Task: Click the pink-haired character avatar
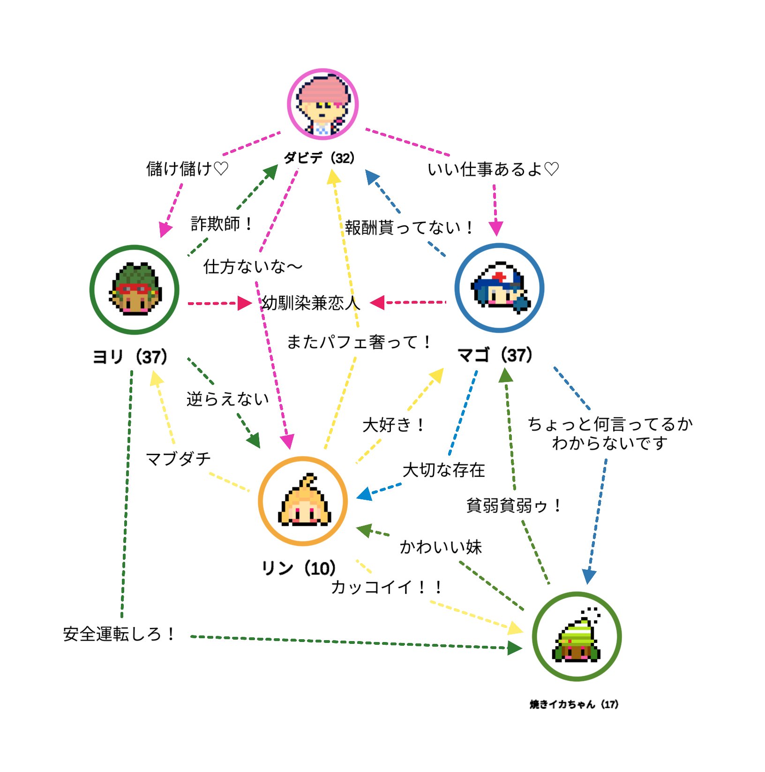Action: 322,105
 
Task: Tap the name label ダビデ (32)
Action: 319,158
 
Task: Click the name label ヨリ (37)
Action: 130,357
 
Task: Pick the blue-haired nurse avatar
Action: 499,288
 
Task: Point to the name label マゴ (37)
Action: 495,355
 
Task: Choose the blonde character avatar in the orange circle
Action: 303,501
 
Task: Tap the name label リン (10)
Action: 299,568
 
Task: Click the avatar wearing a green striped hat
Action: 577,636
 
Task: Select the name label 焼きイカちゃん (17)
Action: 574,704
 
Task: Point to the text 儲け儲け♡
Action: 187,168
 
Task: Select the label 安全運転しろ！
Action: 120,634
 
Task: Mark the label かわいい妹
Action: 441,547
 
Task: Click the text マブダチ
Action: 179,459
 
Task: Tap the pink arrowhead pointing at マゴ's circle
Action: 496,229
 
